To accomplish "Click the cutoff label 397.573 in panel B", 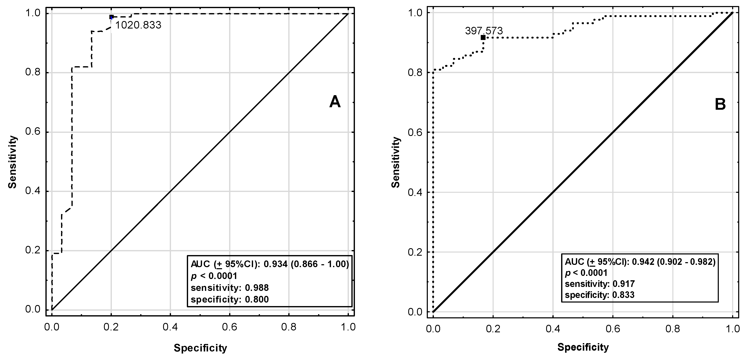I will pyautogui.click(x=484, y=31).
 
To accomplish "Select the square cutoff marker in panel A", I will pyautogui.click(x=111, y=17).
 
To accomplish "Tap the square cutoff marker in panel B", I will pyautogui.click(x=483, y=37).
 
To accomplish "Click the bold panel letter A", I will pyautogui.click(x=335, y=102).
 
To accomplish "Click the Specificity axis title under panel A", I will pyautogui.click(x=201, y=348).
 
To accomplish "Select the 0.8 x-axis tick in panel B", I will pyautogui.click(x=673, y=329).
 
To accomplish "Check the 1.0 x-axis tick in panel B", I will pyautogui.click(x=732, y=329).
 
